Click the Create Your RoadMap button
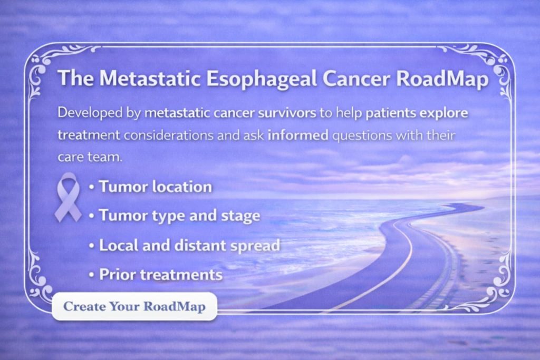click(134, 306)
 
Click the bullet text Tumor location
click(155, 187)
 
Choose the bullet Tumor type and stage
click(179, 216)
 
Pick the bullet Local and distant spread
click(189, 245)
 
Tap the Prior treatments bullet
click(160, 275)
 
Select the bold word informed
click(298, 135)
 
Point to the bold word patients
click(388, 113)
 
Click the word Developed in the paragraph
click(85, 113)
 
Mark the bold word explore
click(442, 113)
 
